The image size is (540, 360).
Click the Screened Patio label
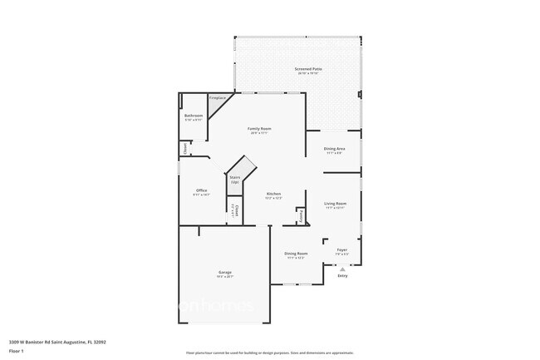point(307,69)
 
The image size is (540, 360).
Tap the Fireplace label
point(217,97)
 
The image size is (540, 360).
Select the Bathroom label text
point(194,116)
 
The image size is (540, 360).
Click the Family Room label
point(260,129)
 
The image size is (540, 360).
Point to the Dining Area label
point(334,149)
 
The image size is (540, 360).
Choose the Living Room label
point(335,204)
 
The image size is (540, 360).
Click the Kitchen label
point(273,195)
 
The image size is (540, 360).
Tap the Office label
point(201,190)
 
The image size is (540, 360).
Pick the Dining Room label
point(296,254)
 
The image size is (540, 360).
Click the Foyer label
point(341,250)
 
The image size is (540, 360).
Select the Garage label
point(224,273)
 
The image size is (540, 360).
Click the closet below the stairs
point(235,210)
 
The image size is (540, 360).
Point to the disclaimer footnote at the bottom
point(270,353)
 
